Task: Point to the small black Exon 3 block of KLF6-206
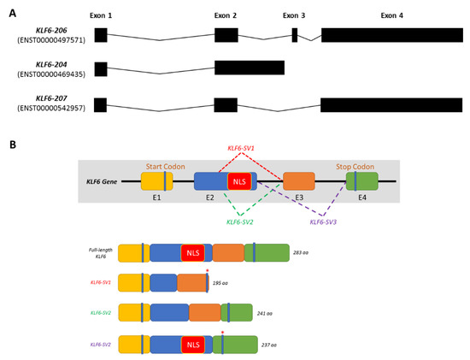[x=295, y=35]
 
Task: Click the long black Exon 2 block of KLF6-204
[x=249, y=68]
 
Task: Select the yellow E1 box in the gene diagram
[x=156, y=181]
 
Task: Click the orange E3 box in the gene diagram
[x=298, y=181]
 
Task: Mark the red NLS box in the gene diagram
[x=238, y=182]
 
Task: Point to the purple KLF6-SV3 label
[x=324, y=221]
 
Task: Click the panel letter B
[x=12, y=145]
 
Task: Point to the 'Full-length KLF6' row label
[x=100, y=253]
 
